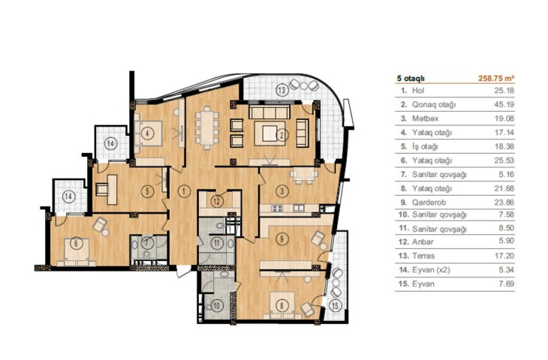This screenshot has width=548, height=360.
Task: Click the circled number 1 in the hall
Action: pos(183,191)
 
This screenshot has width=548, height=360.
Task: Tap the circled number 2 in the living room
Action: pos(283,134)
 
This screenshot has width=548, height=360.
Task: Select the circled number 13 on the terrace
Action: pos(282,90)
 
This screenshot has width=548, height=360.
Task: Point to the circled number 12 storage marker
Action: pos(217,201)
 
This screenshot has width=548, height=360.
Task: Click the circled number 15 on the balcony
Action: pos(335,306)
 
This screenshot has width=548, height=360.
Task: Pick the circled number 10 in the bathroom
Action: pos(217,306)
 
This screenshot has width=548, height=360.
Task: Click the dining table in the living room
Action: pos(207,127)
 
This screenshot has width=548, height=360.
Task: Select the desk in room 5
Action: pos(112,189)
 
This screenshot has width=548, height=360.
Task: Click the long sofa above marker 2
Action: pos(269,112)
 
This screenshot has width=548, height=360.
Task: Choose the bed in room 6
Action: pos(77,252)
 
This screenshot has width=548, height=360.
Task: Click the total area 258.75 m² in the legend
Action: pos(496,78)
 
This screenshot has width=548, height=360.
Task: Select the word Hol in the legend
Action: pos(418,91)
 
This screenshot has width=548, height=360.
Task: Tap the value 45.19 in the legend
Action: pos(504,104)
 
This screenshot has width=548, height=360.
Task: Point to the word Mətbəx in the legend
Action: pos(425,118)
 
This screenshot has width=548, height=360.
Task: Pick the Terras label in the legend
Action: pos(423,256)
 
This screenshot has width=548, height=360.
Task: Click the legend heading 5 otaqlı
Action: pos(411,79)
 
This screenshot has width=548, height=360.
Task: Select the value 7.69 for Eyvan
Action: pos(507,283)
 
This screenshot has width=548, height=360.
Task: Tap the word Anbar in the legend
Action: pos(423,241)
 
